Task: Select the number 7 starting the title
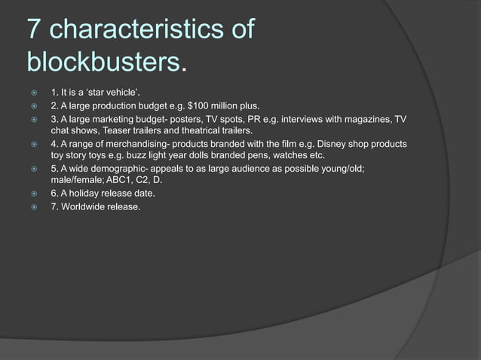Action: point(35,30)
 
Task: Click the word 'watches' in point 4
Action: point(290,155)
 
